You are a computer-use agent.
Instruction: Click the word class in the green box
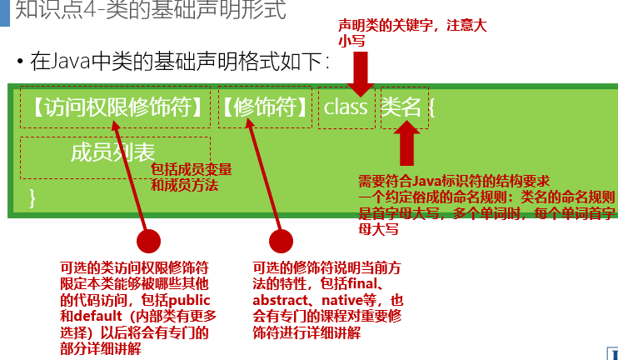point(346,107)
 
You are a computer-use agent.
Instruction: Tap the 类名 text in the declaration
point(403,107)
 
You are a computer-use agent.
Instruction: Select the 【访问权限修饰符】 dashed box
point(115,107)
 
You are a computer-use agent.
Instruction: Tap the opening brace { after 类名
point(432,107)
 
